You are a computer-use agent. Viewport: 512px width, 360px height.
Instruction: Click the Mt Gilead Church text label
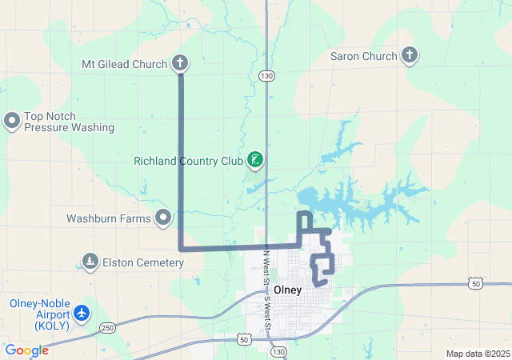(x=124, y=64)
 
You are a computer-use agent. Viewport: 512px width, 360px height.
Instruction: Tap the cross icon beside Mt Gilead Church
(x=180, y=63)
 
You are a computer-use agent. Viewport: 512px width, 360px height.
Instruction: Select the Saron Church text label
(x=363, y=56)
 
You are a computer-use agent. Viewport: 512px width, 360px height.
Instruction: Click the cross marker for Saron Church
(x=410, y=55)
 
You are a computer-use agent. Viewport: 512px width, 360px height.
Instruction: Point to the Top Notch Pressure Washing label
(x=69, y=122)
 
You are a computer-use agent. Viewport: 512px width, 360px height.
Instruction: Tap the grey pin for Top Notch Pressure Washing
(x=12, y=121)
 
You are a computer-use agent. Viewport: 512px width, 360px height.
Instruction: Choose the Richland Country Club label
(x=188, y=161)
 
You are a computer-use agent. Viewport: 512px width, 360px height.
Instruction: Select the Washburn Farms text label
(x=110, y=217)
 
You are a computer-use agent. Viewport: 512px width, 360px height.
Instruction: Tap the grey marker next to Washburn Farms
(x=164, y=217)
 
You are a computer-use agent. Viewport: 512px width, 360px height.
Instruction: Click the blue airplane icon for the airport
(x=81, y=314)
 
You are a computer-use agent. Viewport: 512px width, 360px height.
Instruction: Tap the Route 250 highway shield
(x=108, y=328)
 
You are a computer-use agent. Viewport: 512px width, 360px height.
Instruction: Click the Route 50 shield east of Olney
(x=475, y=283)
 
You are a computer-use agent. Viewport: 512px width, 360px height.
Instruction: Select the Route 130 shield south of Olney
(x=278, y=351)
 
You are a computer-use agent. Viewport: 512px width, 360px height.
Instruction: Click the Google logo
(x=27, y=350)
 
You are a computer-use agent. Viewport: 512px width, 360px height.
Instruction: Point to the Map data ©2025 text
(x=477, y=354)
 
